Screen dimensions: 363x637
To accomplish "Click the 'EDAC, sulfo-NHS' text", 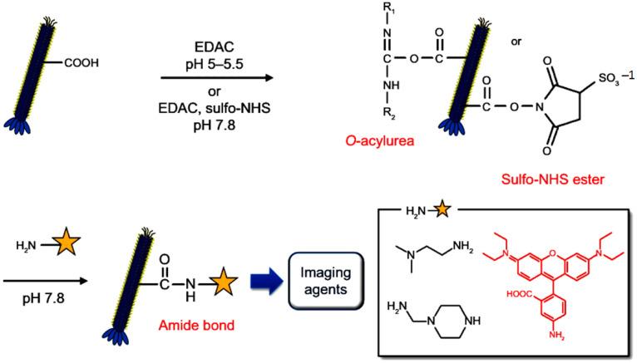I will [205, 100].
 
